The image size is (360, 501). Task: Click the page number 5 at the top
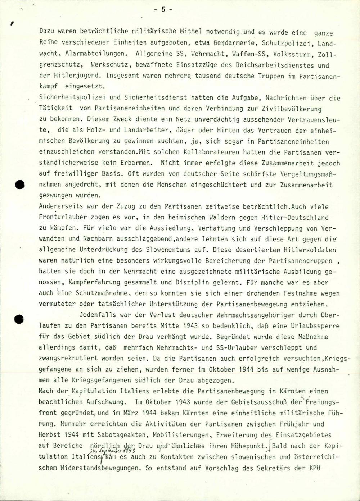pos(163,10)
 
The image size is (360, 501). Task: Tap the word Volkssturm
pos(294,55)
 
